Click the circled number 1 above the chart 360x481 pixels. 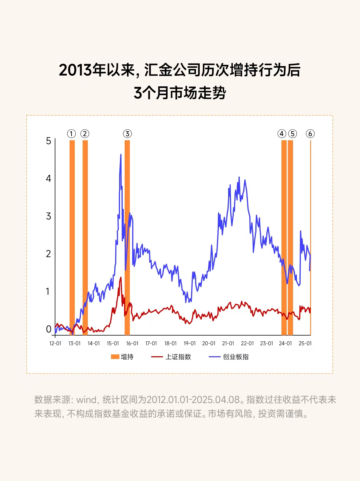(x=71, y=134)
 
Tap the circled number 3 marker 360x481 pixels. (x=127, y=134)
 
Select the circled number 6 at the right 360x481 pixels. (x=310, y=134)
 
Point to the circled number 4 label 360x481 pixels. (x=282, y=134)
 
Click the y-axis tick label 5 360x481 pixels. (x=48, y=141)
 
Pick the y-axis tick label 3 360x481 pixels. (x=48, y=216)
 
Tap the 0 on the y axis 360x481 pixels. (x=48, y=329)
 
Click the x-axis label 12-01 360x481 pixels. (x=55, y=343)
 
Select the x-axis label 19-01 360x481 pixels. (x=190, y=343)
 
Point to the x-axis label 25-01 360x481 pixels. (x=305, y=343)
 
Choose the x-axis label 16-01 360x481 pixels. (x=132, y=343)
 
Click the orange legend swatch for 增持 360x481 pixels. (x=115, y=357)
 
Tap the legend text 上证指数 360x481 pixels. (x=178, y=357)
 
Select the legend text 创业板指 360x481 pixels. (x=236, y=357)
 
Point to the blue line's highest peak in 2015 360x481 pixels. (x=121, y=155)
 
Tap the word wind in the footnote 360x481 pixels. (x=86, y=400)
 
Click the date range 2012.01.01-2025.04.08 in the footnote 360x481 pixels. (x=193, y=400)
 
